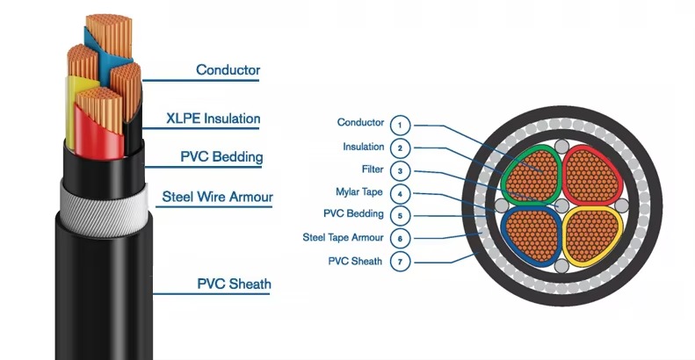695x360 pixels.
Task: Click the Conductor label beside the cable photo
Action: click(x=228, y=69)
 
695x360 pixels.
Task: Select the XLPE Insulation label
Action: click(x=214, y=118)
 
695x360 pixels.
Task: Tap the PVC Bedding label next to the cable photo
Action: click(x=221, y=157)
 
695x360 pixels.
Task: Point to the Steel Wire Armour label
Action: click(x=217, y=197)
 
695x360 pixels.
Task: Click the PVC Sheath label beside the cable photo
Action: click(x=234, y=284)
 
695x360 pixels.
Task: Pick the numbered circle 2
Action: click(x=400, y=148)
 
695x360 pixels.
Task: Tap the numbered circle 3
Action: click(x=400, y=170)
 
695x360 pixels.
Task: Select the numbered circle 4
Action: click(x=400, y=193)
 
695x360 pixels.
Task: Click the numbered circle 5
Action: click(x=400, y=215)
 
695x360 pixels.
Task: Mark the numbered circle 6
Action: click(x=400, y=238)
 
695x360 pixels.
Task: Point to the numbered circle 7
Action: click(x=400, y=262)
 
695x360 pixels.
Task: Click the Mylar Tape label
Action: click(x=360, y=192)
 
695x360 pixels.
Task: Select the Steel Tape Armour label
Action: click(x=343, y=237)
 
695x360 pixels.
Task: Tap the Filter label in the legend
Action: click(x=372, y=169)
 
